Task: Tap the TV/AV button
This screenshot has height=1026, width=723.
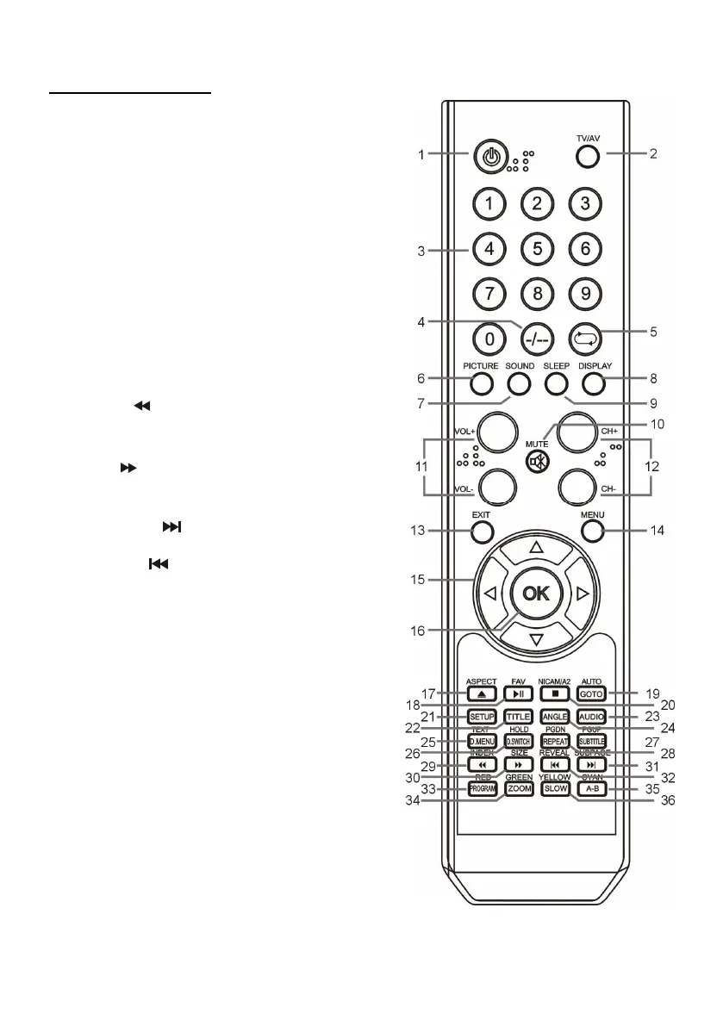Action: (x=587, y=157)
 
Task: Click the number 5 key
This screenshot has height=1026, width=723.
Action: (x=537, y=250)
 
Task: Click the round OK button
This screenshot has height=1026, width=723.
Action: (x=535, y=593)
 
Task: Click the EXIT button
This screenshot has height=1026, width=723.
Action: (x=482, y=532)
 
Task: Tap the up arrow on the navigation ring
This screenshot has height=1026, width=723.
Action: (x=535, y=547)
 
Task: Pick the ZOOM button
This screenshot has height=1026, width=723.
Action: (x=519, y=788)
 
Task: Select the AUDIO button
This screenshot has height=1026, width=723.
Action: (x=591, y=717)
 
